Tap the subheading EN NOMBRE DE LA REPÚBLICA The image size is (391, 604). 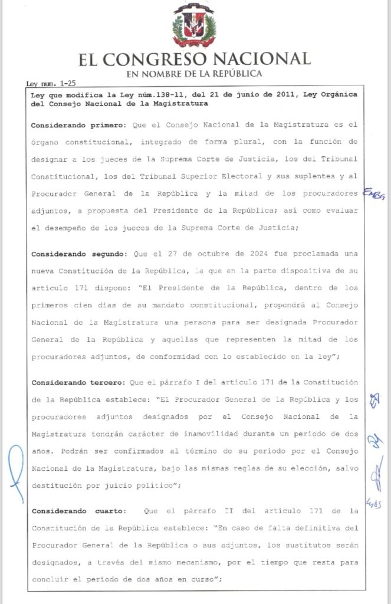click(195, 74)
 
